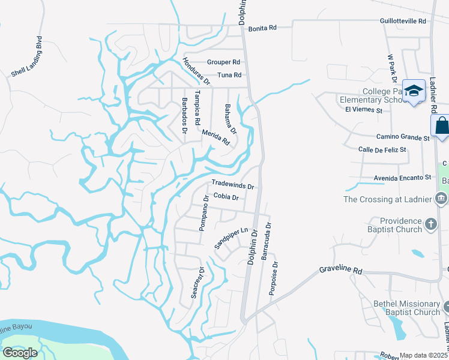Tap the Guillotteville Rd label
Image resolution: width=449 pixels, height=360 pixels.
[403, 20]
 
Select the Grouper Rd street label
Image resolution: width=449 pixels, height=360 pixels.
[223, 62]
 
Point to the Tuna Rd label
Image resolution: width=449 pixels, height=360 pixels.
[229, 75]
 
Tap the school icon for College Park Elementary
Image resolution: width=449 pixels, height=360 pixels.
[414, 91]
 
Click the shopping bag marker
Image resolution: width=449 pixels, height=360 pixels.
[441, 126]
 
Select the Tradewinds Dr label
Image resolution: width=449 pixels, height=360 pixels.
[233, 186]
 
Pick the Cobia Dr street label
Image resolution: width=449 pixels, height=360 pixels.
[226, 197]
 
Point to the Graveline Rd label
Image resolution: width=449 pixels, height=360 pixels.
[340, 270]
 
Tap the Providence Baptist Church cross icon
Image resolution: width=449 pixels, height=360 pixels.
[430, 224]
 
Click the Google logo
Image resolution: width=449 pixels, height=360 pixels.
[19, 352]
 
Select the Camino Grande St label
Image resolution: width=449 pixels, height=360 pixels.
[403, 137]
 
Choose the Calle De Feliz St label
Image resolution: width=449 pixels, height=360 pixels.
[382, 149]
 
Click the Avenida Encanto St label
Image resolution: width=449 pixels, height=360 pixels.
[403, 178]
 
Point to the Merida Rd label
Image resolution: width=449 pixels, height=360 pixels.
[215, 137]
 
